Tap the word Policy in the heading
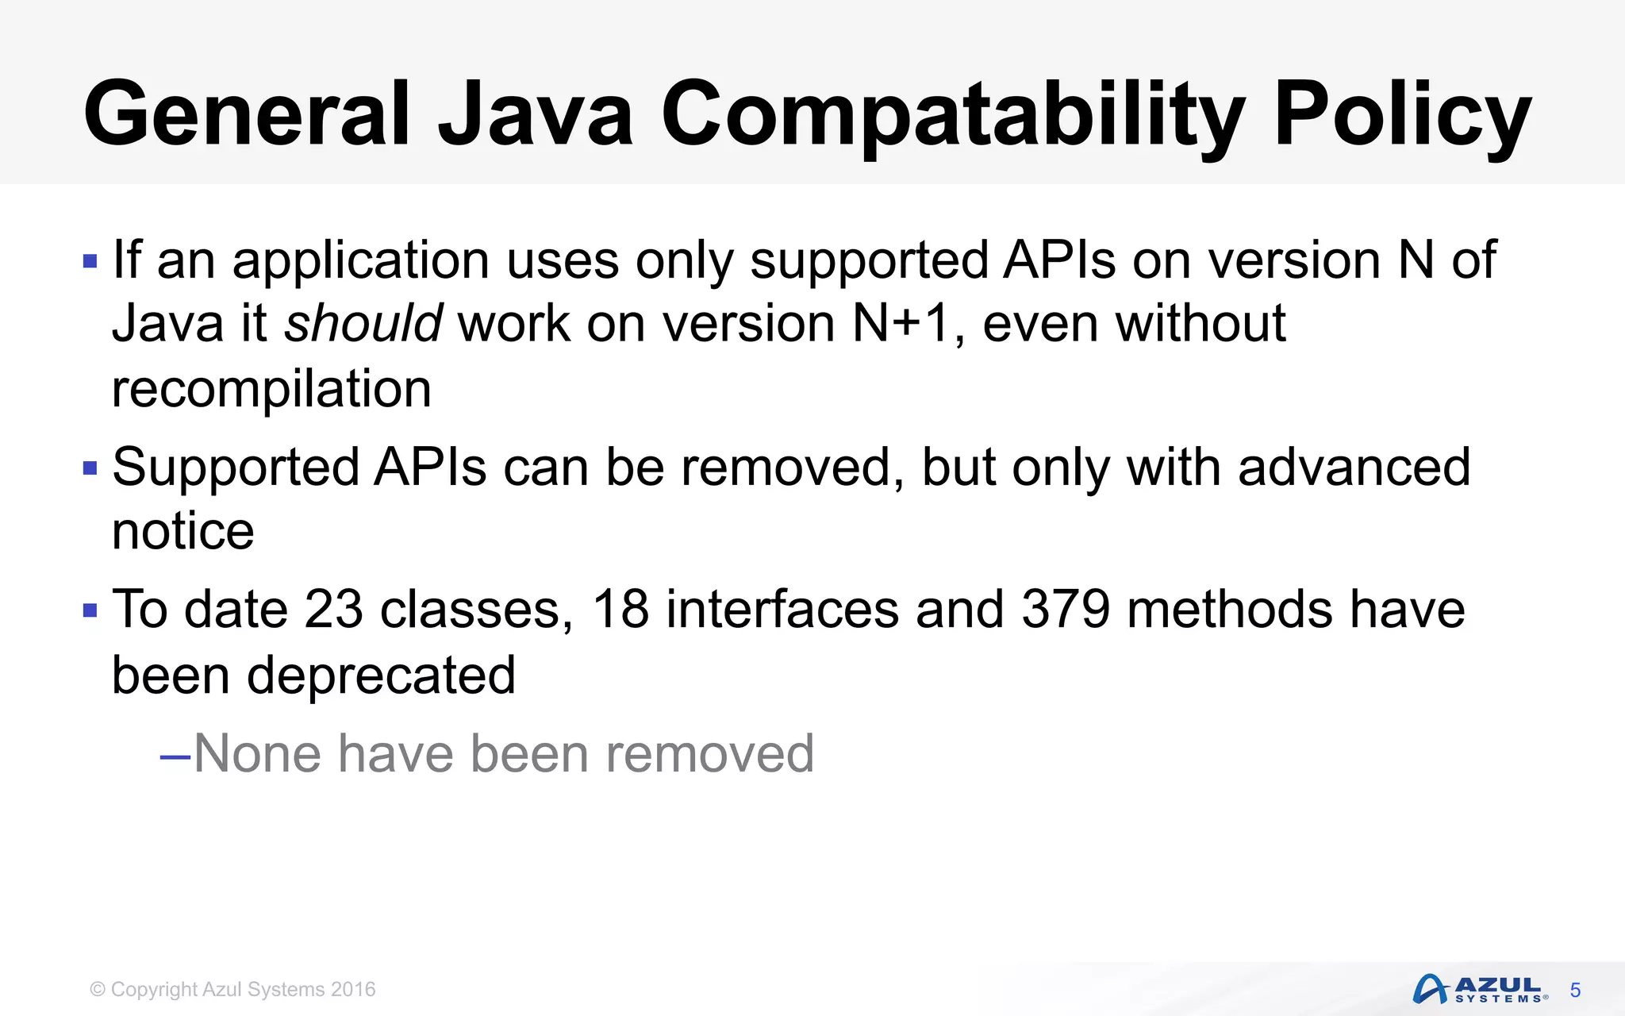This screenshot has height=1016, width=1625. pyautogui.click(x=1402, y=115)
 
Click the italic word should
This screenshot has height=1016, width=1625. pyautogui.click(x=363, y=324)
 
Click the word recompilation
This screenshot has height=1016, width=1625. pyautogui.click(x=271, y=389)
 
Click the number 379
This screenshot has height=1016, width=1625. pyautogui.click(x=1066, y=610)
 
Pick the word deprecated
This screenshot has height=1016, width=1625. pyautogui.click(x=381, y=675)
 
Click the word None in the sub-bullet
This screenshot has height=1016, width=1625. pyautogui.click(x=258, y=753)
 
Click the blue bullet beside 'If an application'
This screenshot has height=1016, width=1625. pyautogui.click(x=90, y=261)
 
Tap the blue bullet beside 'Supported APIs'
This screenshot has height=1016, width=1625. pyautogui.click(x=90, y=468)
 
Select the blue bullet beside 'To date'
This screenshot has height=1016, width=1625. pyautogui.click(x=90, y=611)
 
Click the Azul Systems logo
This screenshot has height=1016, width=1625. pyautogui.click(x=1480, y=989)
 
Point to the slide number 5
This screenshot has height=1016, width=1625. pyautogui.click(x=1575, y=991)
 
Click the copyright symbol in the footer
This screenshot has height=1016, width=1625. pyautogui.click(x=98, y=990)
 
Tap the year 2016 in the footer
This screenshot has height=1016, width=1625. pyautogui.click(x=353, y=990)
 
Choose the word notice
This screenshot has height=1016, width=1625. pyautogui.click(x=183, y=531)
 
